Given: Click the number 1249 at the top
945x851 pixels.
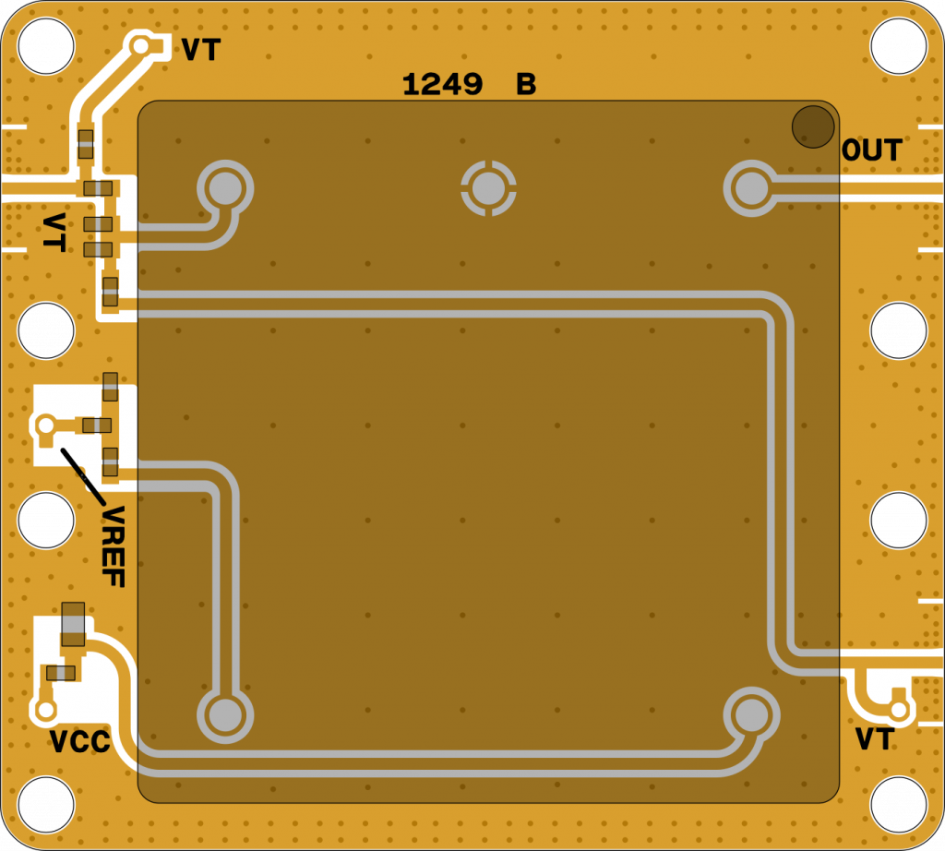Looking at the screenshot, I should (442, 86).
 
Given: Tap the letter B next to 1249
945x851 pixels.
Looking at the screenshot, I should (526, 86).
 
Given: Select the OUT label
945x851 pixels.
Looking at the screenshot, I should (871, 150).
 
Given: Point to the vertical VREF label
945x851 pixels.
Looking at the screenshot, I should (114, 546).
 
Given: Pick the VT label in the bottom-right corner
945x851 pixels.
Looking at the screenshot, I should (874, 739).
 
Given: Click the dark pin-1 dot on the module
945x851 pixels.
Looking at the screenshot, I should (812, 126).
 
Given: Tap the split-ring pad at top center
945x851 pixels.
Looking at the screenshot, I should (488, 188).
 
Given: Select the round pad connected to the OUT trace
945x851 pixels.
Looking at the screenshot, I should (750, 188).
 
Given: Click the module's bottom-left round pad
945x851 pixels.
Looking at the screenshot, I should (224, 714).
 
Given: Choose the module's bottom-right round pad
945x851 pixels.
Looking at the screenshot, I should (751, 714).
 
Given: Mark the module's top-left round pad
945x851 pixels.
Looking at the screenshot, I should (224, 188).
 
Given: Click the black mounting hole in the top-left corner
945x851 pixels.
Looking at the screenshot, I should (45, 45).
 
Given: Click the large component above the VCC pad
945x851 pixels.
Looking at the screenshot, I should (73, 624).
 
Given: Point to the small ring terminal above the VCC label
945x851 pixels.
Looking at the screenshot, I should (45, 711).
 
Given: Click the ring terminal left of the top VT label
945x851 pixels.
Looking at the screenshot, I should (141, 46).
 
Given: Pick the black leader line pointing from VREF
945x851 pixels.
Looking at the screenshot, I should (82, 474).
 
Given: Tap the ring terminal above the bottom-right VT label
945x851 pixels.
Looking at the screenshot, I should (899, 710).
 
